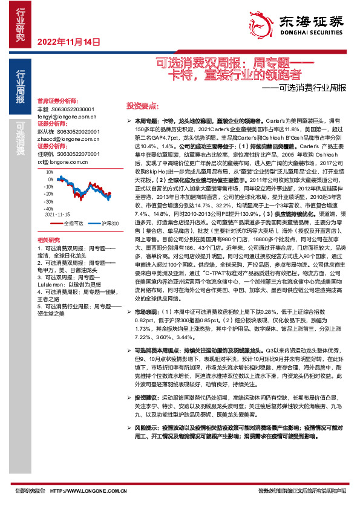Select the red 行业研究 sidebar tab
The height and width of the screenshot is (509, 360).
tap(21, 27)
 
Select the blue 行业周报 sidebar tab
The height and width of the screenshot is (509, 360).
tap(21, 88)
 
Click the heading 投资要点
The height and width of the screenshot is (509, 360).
tap(141, 105)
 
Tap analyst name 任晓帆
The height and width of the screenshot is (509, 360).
tap(46, 154)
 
